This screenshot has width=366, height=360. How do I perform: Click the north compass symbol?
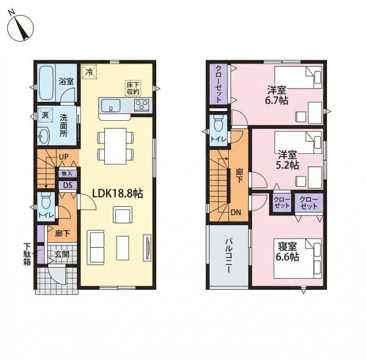pyautogui.click(x=21, y=27)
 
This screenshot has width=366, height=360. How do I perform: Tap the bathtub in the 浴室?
pyautogui.click(x=46, y=83)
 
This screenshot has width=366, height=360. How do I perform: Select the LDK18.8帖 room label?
pyautogui.click(x=117, y=193)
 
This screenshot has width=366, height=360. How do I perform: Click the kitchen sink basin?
pyautogui.click(x=110, y=106)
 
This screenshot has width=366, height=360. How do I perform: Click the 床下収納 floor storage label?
pyautogui.click(x=133, y=88)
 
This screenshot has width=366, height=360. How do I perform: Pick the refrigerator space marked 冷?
pyautogui.click(x=89, y=71)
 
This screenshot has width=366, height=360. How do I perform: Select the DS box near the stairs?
pyautogui.click(x=68, y=185)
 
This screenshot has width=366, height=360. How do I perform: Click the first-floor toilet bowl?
pyautogui.click(x=46, y=200)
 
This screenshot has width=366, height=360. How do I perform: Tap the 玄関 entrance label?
pyautogui.click(x=62, y=254)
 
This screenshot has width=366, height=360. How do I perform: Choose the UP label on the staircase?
pyautogui.click(x=63, y=157)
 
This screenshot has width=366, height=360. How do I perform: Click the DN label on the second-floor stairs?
pyautogui.click(x=235, y=212)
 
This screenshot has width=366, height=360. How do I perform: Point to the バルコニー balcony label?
pyautogui.click(x=229, y=256)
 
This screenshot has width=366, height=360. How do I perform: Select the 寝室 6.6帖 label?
pyautogui.click(x=287, y=251)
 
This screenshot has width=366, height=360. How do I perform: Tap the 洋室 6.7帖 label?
pyautogui.click(x=277, y=95)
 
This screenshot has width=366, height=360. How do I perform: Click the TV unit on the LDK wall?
pyautogui.click(x=147, y=248)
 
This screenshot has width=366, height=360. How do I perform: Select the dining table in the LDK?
pyautogui.click(x=115, y=146)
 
